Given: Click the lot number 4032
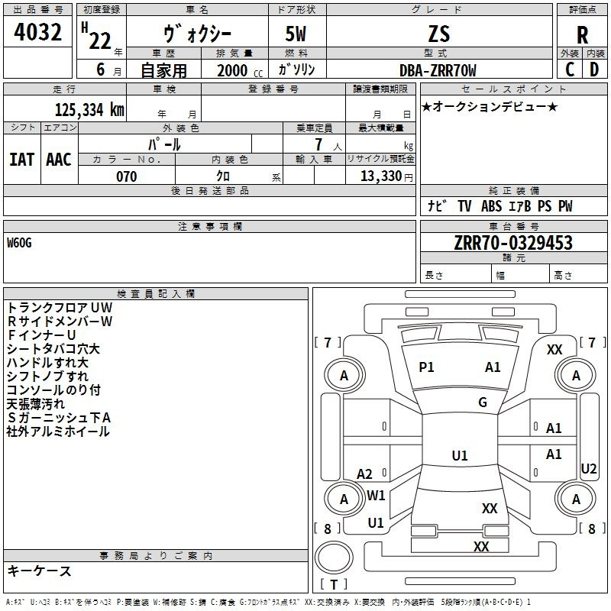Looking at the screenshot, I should point(38,33).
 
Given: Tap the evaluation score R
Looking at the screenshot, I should point(582,34).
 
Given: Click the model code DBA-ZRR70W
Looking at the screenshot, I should point(438,70).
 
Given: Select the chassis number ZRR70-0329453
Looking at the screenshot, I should point(512,243).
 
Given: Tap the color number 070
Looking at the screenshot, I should point(127,176).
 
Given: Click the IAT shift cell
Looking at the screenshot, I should point(21,159).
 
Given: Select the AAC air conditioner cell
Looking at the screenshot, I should point(59,159).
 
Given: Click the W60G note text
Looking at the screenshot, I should point(20,243).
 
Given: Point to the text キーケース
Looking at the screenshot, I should point(39,571).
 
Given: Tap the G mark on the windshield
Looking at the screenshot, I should point(483,402).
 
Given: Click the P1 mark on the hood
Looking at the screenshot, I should point(426,367).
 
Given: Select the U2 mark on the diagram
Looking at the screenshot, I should point(589,468).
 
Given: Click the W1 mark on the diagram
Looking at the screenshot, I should point(377,495).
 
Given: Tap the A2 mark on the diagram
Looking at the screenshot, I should point(365,474).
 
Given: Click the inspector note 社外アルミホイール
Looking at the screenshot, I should point(58,432).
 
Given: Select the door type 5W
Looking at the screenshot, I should point(297,34).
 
